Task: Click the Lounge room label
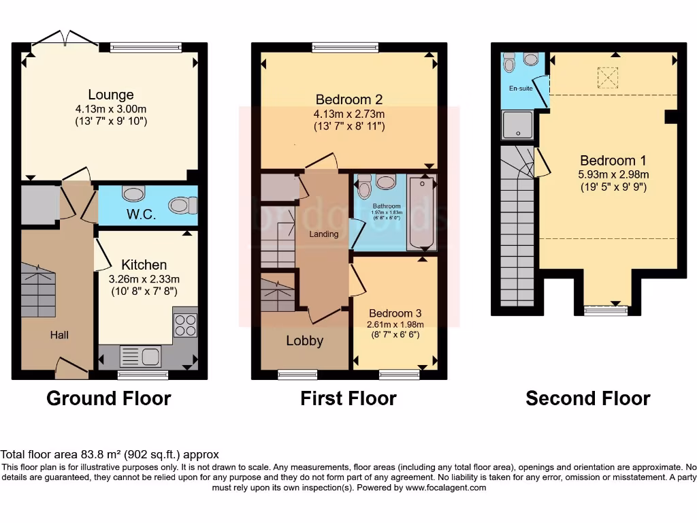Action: (x=110, y=95)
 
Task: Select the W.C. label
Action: (x=142, y=215)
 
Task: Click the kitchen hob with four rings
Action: (x=185, y=323)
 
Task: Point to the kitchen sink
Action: (x=140, y=356)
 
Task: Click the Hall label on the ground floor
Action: (x=59, y=335)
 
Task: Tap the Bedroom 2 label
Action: (x=348, y=100)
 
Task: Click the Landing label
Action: (x=324, y=234)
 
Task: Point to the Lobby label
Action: (x=304, y=341)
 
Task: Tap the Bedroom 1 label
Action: (x=613, y=161)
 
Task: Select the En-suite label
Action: (x=521, y=89)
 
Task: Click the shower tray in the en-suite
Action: (x=517, y=125)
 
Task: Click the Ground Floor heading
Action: (x=108, y=398)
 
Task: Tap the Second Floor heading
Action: (x=587, y=398)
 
